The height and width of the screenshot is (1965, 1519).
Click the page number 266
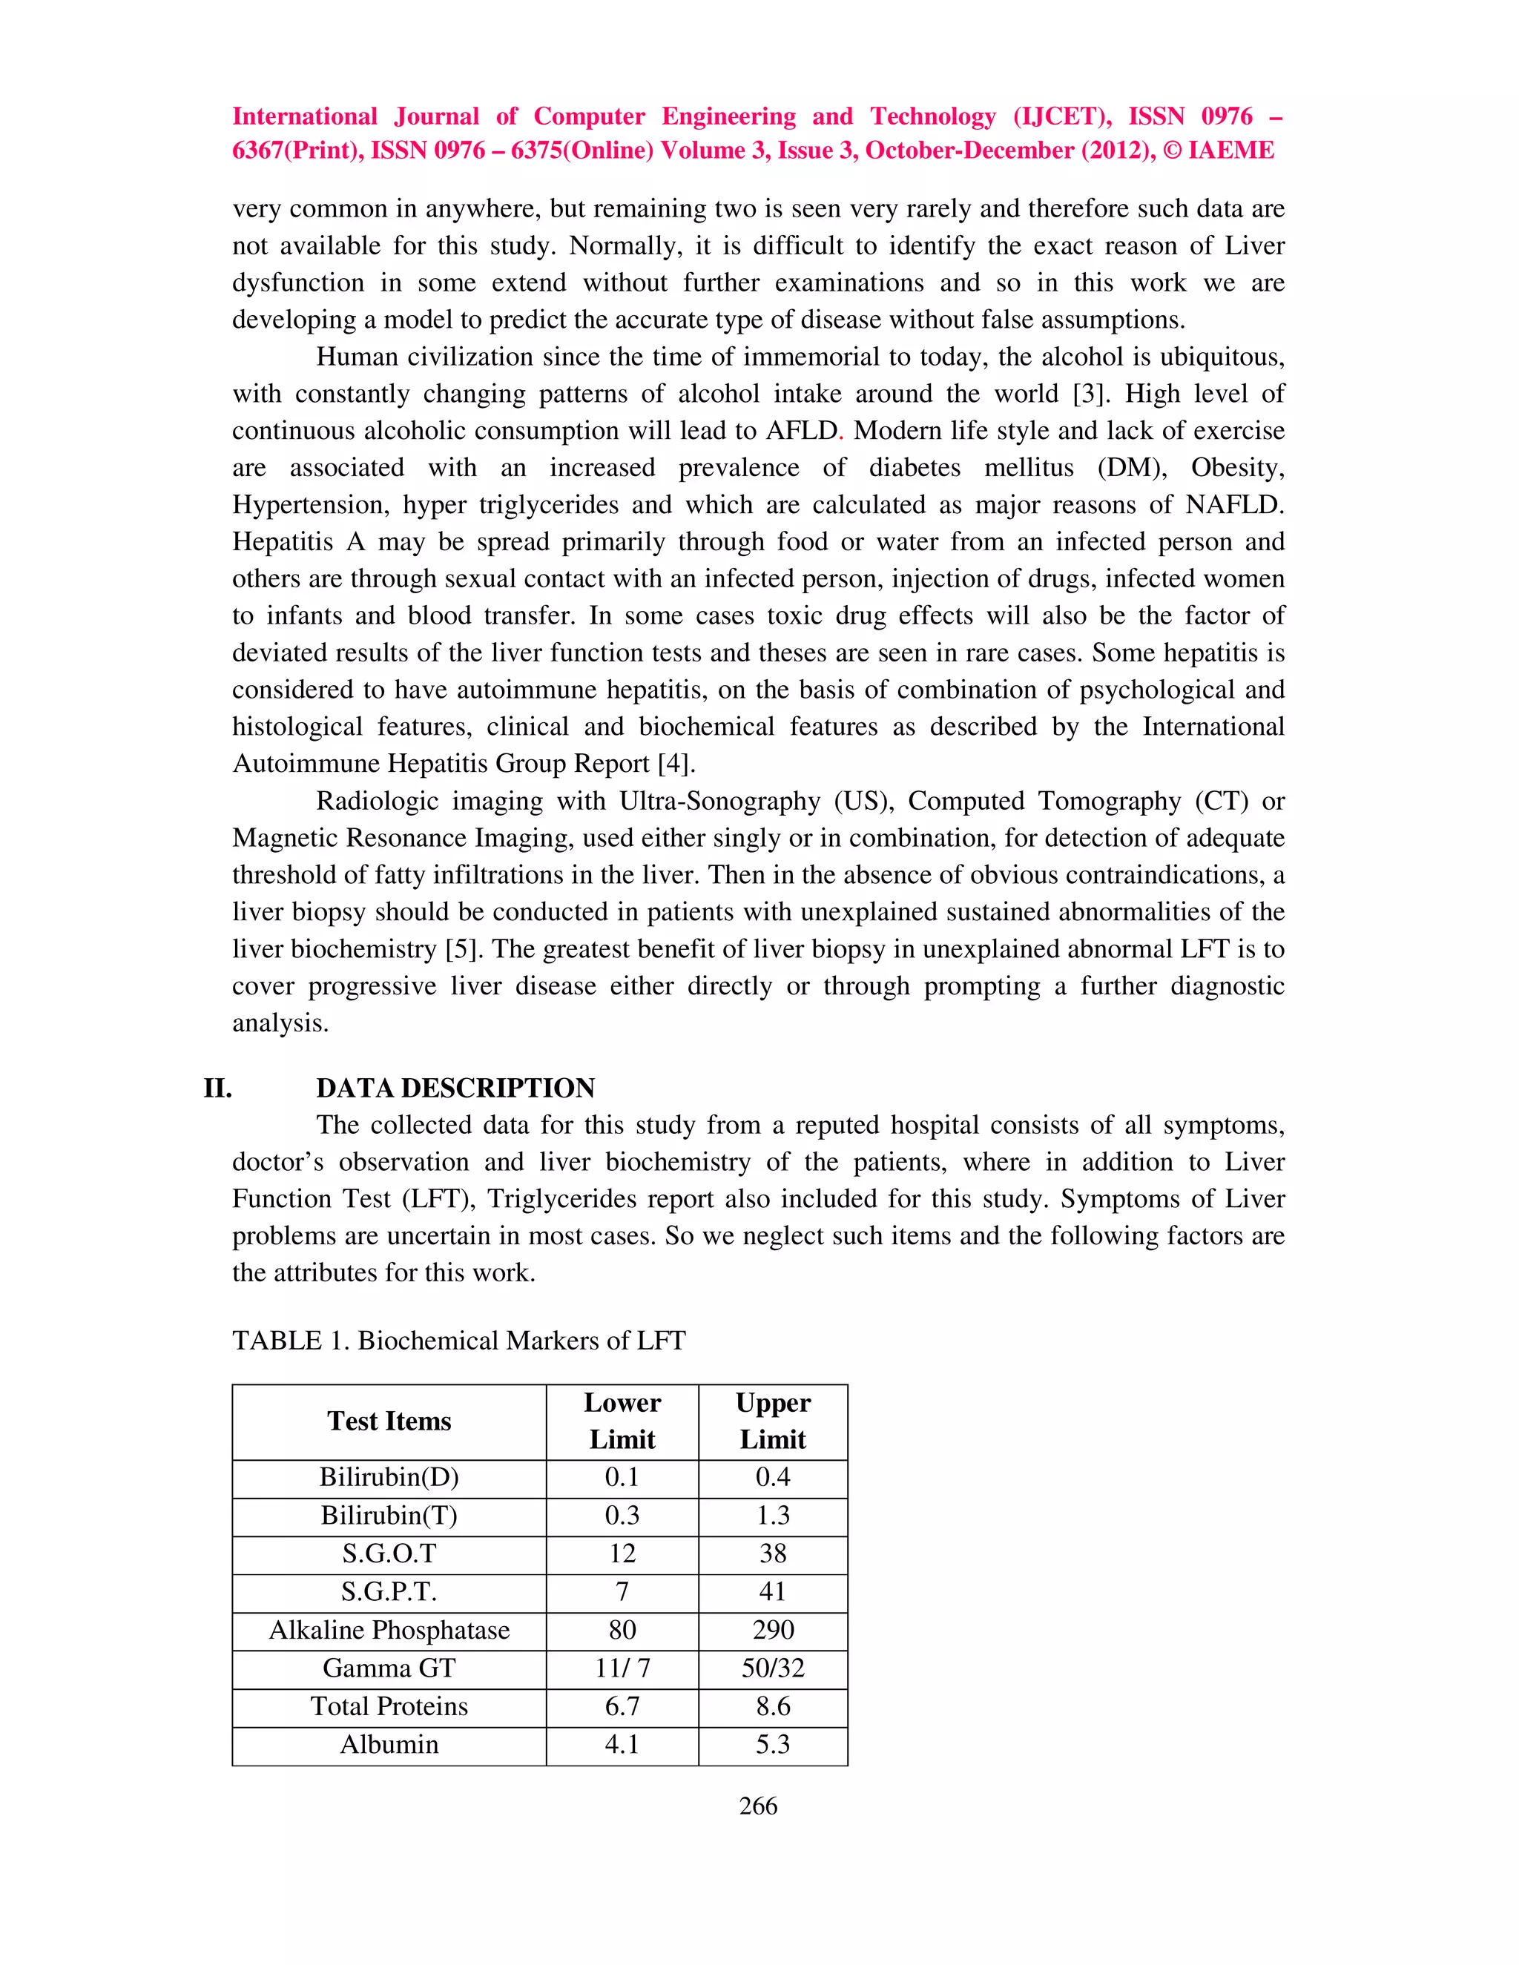(x=758, y=1806)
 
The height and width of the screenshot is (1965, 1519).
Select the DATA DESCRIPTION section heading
(x=455, y=1088)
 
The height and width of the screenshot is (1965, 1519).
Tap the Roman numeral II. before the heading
(x=218, y=1088)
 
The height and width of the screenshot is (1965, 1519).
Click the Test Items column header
(x=389, y=1421)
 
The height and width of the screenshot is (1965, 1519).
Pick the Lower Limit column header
(x=622, y=1421)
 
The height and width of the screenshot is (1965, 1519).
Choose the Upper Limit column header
(x=772, y=1421)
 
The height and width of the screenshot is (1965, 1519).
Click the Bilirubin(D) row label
(x=389, y=1477)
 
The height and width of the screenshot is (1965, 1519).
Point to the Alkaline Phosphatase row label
(x=389, y=1629)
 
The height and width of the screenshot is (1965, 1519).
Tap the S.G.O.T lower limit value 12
(x=622, y=1553)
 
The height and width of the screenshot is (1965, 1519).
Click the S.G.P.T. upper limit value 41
(x=772, y=1591)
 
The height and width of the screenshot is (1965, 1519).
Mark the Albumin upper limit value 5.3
(x=772, y=1745)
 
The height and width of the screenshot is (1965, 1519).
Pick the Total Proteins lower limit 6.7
(x=622, y=1706)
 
